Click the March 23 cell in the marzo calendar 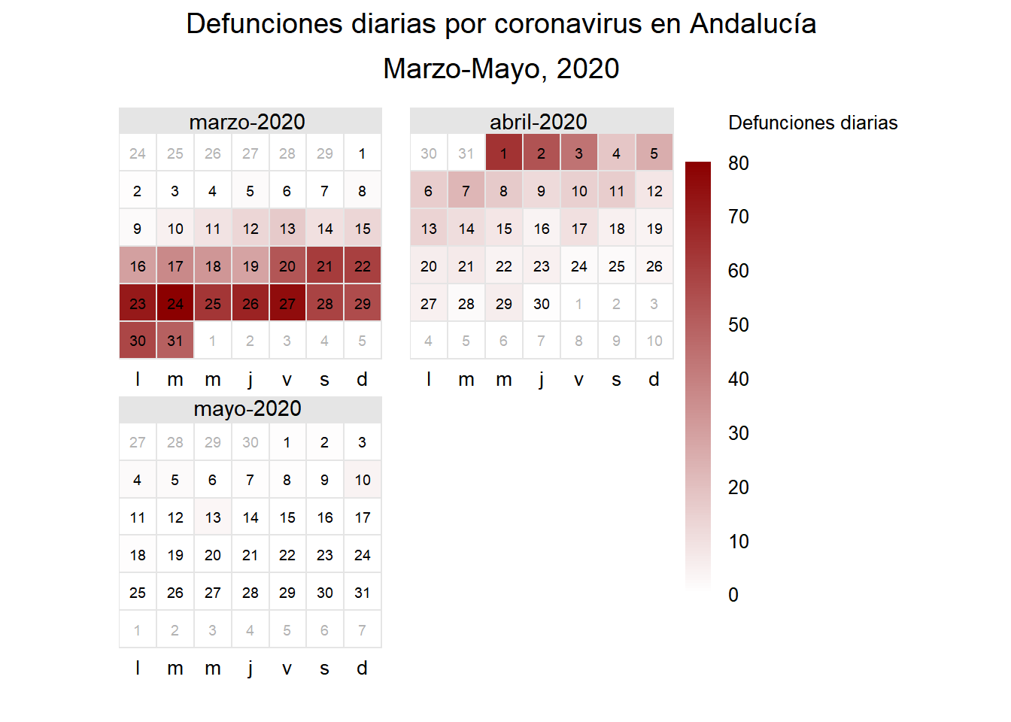tap(138, 303)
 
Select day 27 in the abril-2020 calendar tap(429, 303)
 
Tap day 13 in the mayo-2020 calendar tap(213, 517)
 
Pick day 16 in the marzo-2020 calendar tap(138, 265)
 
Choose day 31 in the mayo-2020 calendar tap(363, 592)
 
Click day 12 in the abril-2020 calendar tap(654, 190)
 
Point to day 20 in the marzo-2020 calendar tap(287, 265)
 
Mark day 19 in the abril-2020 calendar tap(654, 228)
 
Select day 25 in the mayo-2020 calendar tap(138, 592)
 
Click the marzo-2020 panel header tap(247, 122)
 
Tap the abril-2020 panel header tap(539, 122)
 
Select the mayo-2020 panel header tap(247, 408)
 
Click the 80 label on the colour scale tap(739, 163)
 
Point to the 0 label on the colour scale tap(733, 595)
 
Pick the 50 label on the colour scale tap(739, 325)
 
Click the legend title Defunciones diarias tap(812, 123)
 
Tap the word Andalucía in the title tap(753, 24)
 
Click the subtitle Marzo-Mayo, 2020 tap(501, 68)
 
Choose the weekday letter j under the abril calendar tap(542, 379)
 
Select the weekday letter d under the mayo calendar tap(363, 668)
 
